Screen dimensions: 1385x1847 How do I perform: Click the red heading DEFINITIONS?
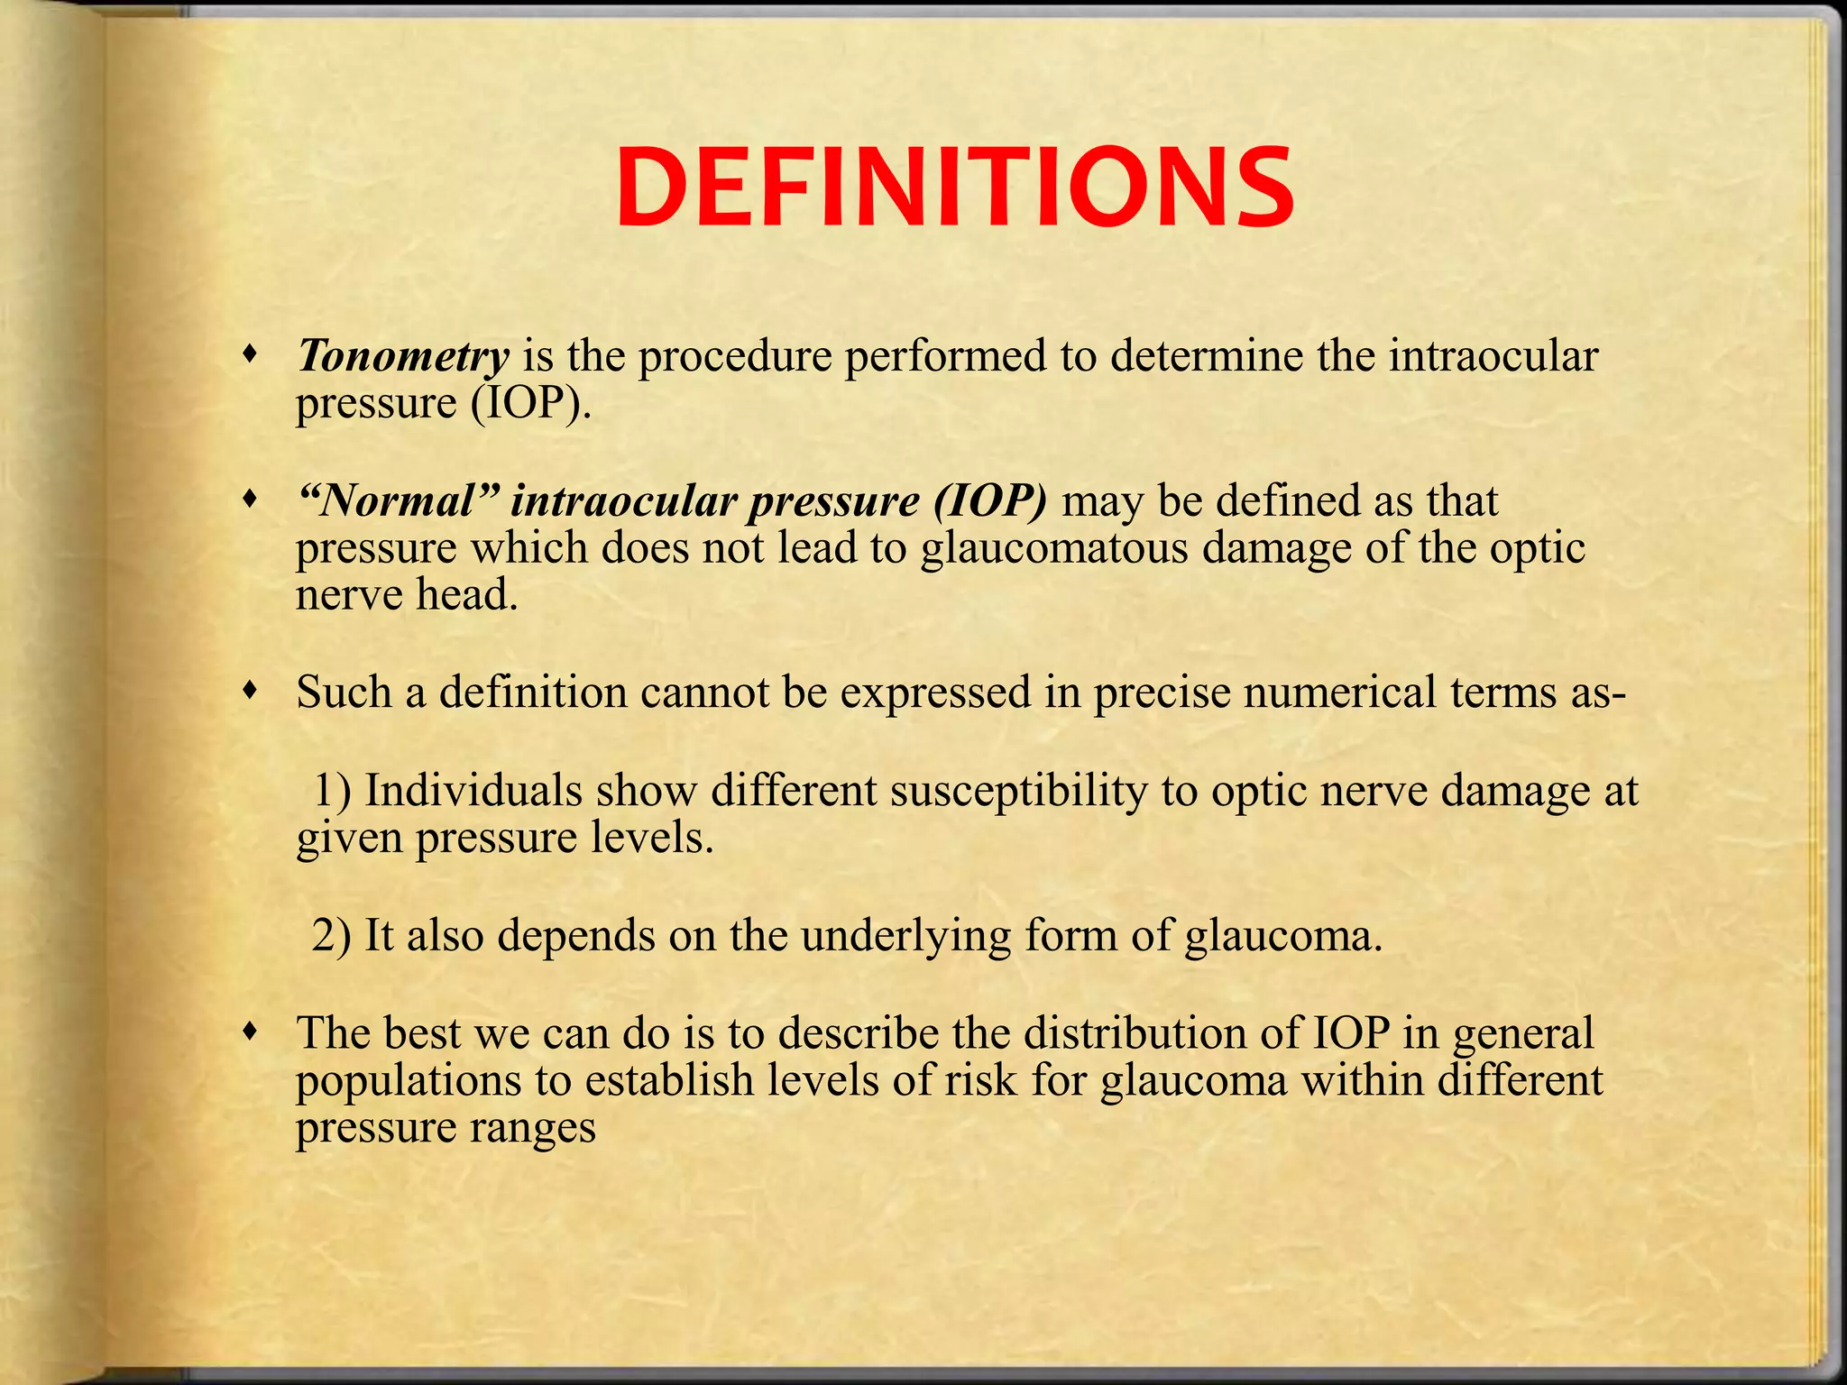[x=954, y=190]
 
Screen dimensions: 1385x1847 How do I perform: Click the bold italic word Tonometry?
[x=403, y=356]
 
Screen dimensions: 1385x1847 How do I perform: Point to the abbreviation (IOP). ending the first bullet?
[x=531, y=403]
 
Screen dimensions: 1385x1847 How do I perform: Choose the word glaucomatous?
[x=1054, y=548]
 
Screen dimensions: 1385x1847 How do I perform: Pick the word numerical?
[x=1335, y=692]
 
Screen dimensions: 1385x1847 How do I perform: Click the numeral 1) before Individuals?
[x=333, y=791]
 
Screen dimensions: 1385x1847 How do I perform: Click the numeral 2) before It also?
[x=333, y=936]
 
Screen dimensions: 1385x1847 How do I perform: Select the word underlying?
[x=905, y=936]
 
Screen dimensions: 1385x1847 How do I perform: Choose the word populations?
[x=409, y=1080]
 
